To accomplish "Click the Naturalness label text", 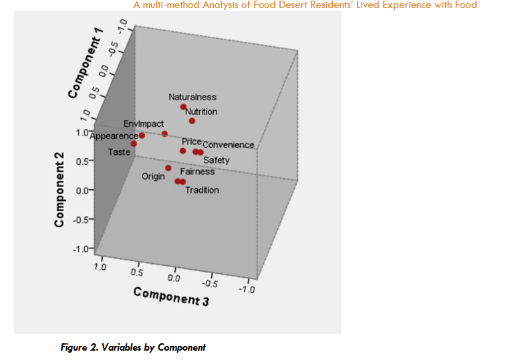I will pos(192,98).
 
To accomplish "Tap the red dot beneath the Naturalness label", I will pos(183,108).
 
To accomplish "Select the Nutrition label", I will pos(201,112).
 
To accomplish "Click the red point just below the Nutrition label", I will pos(192,121).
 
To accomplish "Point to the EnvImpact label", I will pos(143,124).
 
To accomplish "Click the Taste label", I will pos(119,152).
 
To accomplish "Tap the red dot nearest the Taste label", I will pos(134,144).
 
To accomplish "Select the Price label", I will pos(191,142).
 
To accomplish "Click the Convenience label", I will pos(228,145).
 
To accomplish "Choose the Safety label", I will pos(216,160).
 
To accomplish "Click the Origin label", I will pos(153,177).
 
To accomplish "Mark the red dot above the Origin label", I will pos(168,168).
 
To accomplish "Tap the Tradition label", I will pos(202,190).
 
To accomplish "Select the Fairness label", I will pos(197,172).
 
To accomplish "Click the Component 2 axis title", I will pos(59,190).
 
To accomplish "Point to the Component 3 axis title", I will pos(171,296).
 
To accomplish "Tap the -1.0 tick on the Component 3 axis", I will pos(247,289).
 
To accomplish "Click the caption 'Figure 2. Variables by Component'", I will pos(133,347).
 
